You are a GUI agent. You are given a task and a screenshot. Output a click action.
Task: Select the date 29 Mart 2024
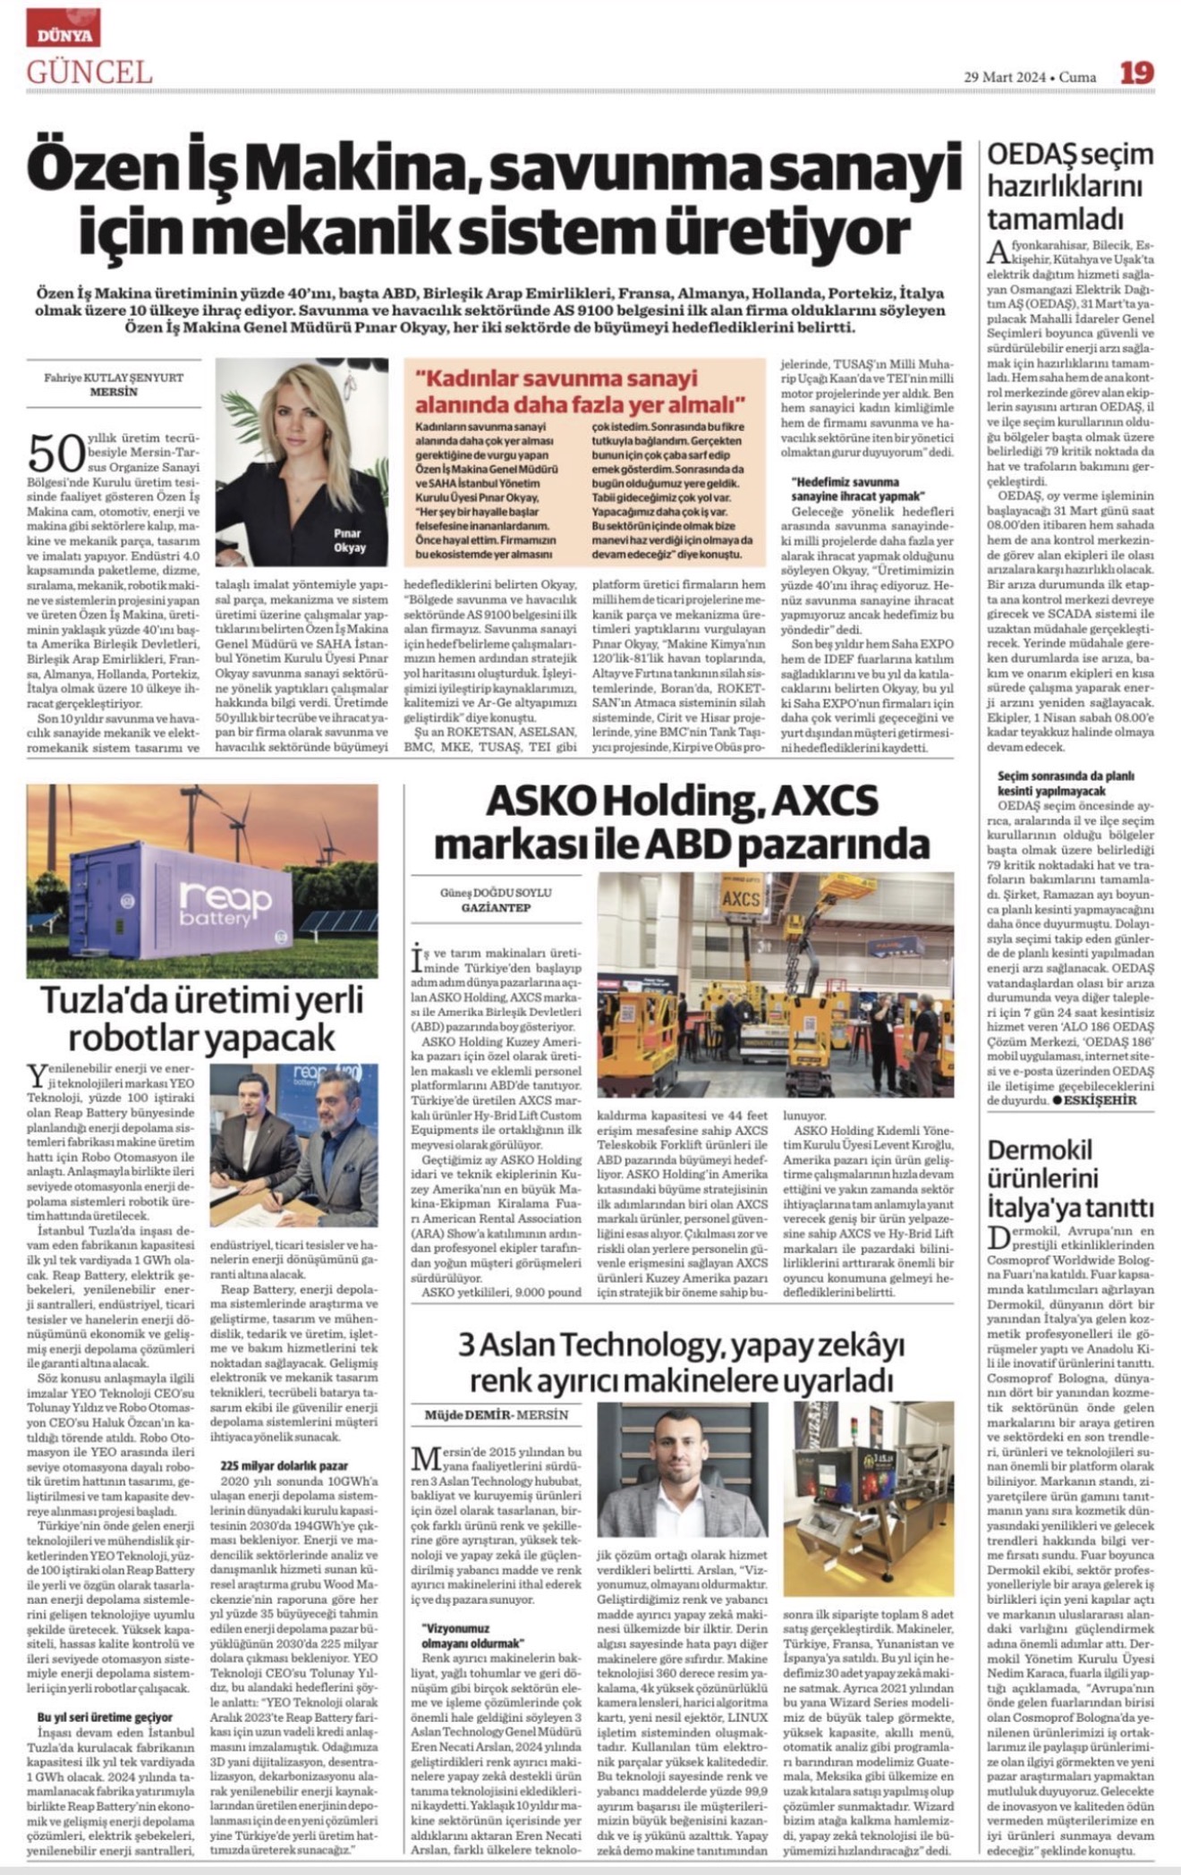pos(1004,77)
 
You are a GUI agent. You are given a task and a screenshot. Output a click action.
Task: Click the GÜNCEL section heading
pos(89,72)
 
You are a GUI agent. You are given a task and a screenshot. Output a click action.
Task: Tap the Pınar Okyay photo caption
pos(349,540)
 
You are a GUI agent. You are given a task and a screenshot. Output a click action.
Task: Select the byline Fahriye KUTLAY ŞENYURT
pos(114,378)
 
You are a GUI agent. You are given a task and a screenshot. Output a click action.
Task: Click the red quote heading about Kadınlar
pos(581,389)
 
